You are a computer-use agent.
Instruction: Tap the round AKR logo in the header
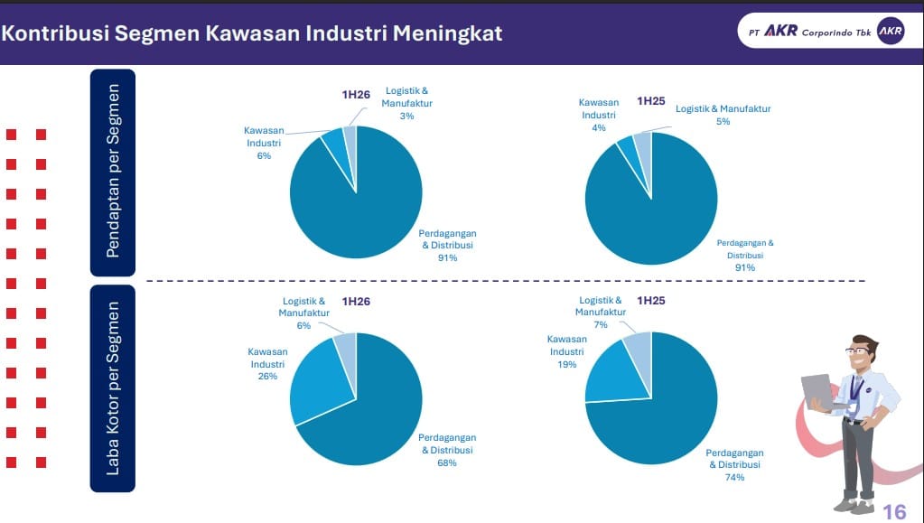tap(890, 32)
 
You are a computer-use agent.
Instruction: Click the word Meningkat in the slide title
tap(447, 33)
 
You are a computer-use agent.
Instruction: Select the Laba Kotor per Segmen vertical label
tap(113, 388)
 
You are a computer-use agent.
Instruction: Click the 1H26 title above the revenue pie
tap(356, 94)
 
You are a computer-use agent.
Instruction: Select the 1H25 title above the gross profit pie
tap(651, 300)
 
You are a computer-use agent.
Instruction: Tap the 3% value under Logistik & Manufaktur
tap(406, 117)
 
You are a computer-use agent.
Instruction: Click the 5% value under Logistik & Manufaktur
tap(723, 121)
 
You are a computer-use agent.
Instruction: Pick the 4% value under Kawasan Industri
tap(599, 128)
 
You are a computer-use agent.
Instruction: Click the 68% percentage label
tap(447, 462)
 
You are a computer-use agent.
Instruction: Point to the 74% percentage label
tap(734, 477)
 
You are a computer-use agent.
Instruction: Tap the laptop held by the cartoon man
tap(818, 391)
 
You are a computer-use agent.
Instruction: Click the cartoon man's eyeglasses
tap(856, 351)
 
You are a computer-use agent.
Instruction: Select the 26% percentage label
tap(267, 376)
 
